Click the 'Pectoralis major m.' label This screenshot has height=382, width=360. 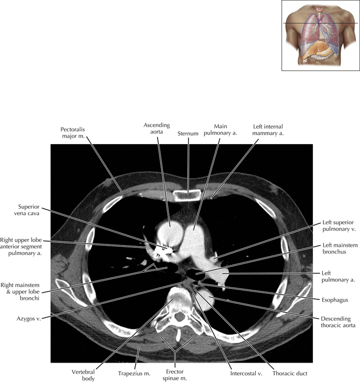click(74, 133)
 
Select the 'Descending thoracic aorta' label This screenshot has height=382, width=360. click(338, 322)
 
